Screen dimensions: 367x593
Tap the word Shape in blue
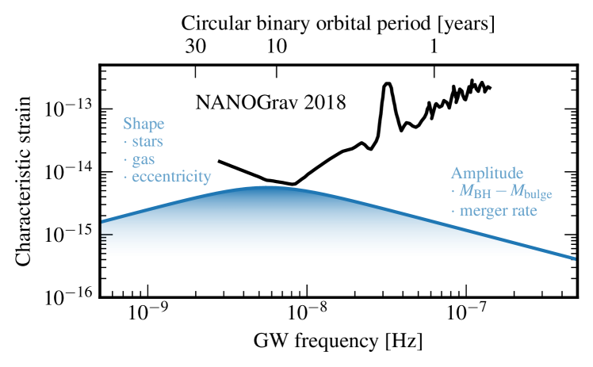(143, 124)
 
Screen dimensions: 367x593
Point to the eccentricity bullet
(167, 177)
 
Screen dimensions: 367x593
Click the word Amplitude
(487, 173)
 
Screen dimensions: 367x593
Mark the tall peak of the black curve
(388, 84)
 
